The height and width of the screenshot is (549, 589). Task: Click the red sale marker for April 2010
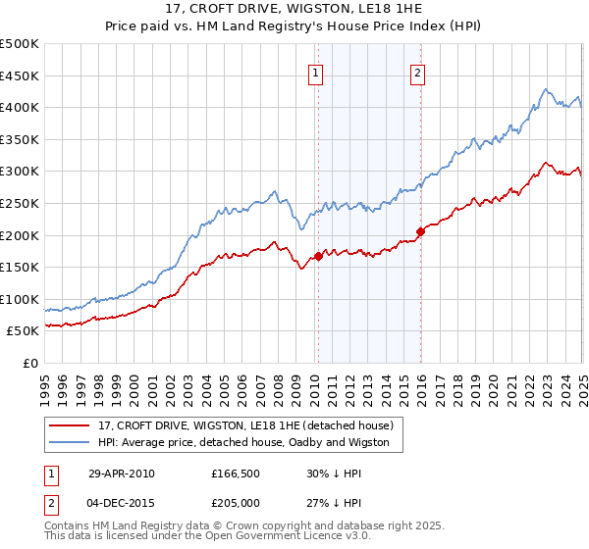tap(318, 257)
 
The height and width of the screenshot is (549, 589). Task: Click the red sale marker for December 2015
tap(420, 231)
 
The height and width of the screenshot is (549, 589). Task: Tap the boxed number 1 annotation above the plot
tap(316, 72)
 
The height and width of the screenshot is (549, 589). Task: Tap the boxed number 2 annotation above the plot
tap(418, 72)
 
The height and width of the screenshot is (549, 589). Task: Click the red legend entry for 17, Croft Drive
tap(245, 425)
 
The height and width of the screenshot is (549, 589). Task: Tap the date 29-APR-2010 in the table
tap(122, 474)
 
